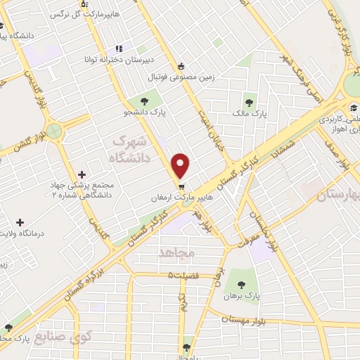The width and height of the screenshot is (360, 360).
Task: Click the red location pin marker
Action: click(181, 165)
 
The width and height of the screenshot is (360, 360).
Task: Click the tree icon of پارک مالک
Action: click(248, 101)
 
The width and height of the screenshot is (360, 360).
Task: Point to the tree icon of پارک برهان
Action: click(242, 285)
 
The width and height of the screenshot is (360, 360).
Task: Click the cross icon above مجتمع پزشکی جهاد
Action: click(82, 174)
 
